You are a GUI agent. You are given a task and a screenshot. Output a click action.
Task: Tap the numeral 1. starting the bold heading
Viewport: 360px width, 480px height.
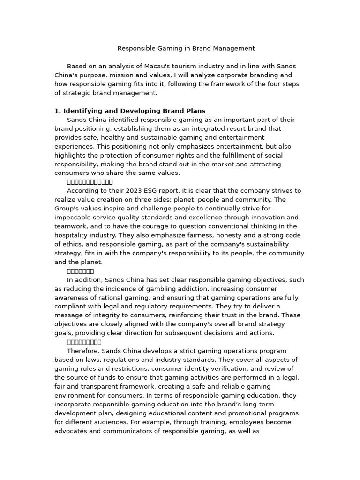click(x=58, y=111)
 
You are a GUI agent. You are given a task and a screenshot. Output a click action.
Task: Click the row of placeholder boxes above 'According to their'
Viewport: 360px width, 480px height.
click(x=90, y=182)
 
